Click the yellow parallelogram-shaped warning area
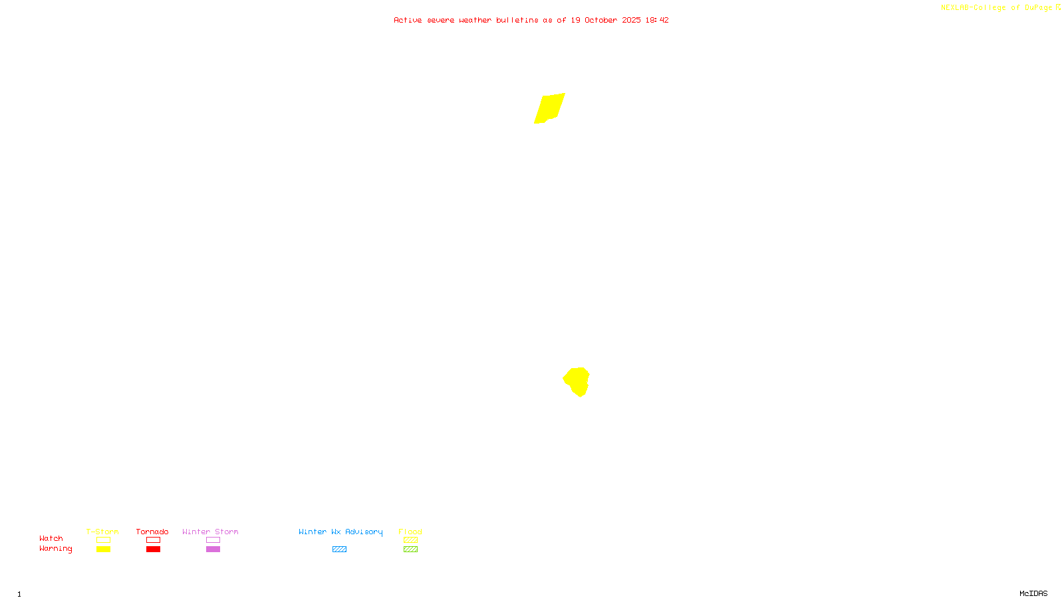(549, 108)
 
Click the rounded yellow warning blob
(577, 381)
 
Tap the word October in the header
(600, 20)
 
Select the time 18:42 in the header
(657, 20)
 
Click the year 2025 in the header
(632, 20)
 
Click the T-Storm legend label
(102, 532)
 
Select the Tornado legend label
(152, 532)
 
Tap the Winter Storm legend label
(210, 532)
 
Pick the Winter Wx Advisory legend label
(340, 532)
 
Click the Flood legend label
(410, 532)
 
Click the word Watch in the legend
(51, 538)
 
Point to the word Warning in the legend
(55, 549)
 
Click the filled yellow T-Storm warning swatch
(103, 549)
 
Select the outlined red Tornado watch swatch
(153, 540)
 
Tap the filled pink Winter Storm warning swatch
(213, 549)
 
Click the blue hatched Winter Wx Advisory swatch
(339, 549)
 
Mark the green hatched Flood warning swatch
(410, 549)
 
